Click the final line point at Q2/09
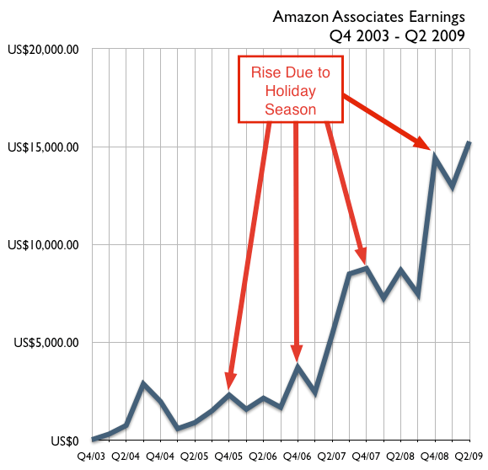(469, 143)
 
